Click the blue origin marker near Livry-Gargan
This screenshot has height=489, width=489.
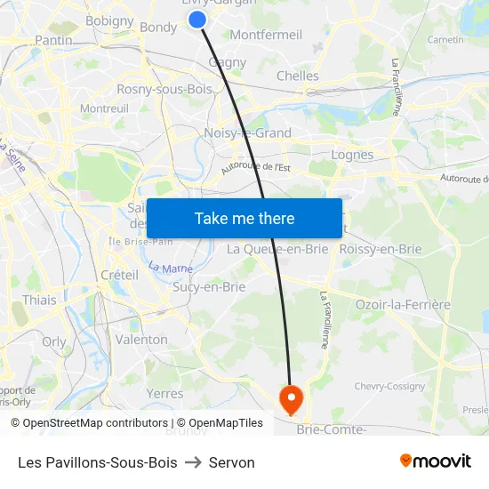(x=197, y=19)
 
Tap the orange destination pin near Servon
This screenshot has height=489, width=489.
(x=291, y=397)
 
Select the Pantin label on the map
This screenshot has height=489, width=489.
(x=53, y=40)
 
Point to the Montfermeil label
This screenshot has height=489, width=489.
(x=266, y=35)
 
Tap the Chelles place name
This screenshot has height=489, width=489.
(x=297, y=76)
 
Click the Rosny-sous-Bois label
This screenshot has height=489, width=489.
(x=164, y=89)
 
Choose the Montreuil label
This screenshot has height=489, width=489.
(x=104, y=108)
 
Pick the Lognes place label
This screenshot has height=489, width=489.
(x=352, y=154)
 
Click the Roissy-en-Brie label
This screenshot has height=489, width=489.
(x=381, y=249)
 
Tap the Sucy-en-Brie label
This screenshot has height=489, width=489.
(x=209, y=286)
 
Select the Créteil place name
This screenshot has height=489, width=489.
(x=119, y=276)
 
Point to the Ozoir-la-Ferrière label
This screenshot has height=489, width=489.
(x=403, y=304)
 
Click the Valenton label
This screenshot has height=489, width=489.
(x=141, y=340)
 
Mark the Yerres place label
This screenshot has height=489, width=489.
(x=164, y=393)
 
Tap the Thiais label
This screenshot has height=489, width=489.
(x=39, y=300)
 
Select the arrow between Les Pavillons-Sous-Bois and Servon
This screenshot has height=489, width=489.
(x=193, y=462)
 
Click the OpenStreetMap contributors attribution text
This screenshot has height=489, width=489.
(x=95, y=423)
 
